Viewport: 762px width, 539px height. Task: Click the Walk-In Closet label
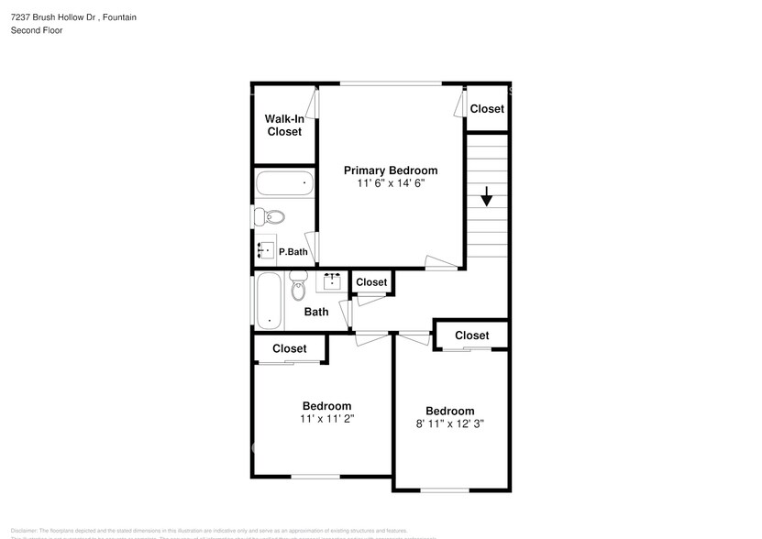click(283, 126)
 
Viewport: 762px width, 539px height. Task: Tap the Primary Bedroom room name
click(391, 170)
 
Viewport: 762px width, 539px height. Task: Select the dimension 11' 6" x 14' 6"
click(391, 183)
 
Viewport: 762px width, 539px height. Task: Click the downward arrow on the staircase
click(486, 195)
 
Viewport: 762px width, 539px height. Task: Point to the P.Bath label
click(293, 252)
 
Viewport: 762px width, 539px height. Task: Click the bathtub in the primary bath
click(283, 183)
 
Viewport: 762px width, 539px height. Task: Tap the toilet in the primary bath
click(270, 217)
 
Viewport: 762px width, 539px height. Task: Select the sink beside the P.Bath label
click(265, 248)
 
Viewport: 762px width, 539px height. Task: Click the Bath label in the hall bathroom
click(316, 312)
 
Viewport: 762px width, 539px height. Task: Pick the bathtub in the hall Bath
click(269, 300)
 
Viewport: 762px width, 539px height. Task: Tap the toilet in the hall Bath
click(298, 288)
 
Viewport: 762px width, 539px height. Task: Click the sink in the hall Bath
click(331, 280)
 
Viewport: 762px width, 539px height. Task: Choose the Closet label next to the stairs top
click(487, 108)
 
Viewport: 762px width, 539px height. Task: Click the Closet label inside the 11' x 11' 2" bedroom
click(289, 348)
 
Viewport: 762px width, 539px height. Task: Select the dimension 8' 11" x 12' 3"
click(449, 423)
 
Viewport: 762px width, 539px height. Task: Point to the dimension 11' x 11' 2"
click(326, 419)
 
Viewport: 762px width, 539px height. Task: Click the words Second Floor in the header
click(37, 30)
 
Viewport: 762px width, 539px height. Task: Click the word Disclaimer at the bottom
click(24, 531)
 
